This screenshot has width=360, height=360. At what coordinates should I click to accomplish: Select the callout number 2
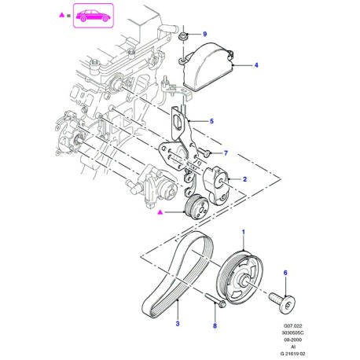244,179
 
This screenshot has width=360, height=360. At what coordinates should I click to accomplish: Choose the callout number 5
211,121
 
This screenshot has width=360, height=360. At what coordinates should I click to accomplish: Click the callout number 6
285,273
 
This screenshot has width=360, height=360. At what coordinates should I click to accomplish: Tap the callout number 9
205,35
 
